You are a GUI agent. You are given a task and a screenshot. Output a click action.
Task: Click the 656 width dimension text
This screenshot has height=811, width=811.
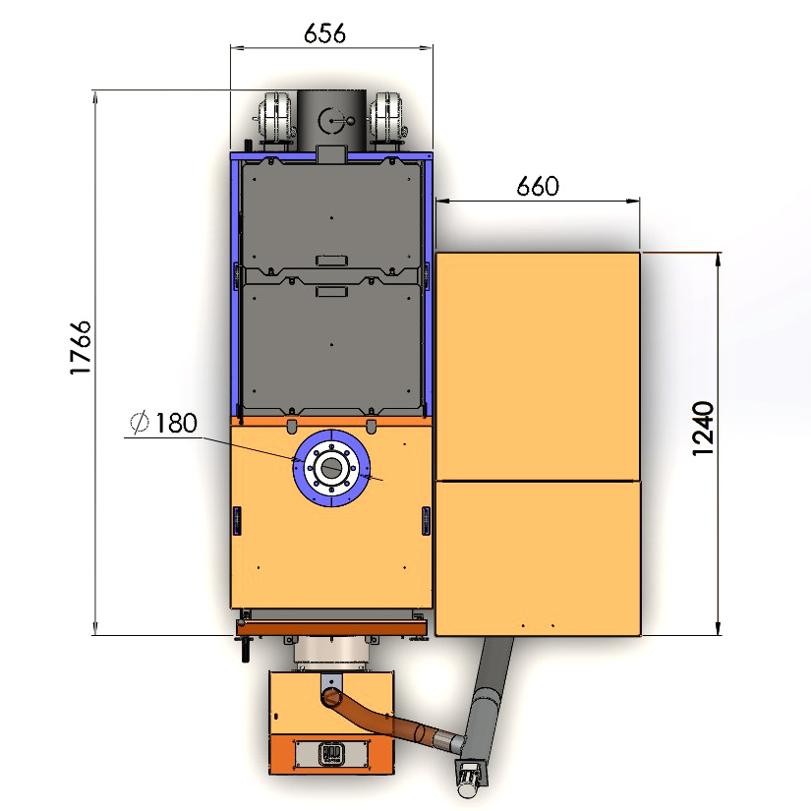(x=324, y=33)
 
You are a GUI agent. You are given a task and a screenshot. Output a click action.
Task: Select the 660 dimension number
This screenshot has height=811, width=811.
(x=538, y=186)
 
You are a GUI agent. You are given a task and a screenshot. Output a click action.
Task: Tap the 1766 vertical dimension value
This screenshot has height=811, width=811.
(x=81, y=348)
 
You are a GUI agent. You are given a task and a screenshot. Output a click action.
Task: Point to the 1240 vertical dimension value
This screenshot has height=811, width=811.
(x=703, y=429)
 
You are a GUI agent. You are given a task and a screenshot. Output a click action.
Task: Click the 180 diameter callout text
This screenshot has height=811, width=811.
(x=176, y=423)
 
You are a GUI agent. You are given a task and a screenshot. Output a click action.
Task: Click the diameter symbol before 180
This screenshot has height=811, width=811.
(x=140, y=422)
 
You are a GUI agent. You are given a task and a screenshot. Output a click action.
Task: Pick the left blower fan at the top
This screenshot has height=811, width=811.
(x=275, y=121)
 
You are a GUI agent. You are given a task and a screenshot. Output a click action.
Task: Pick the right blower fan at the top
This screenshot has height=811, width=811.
(x=387, y=121)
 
